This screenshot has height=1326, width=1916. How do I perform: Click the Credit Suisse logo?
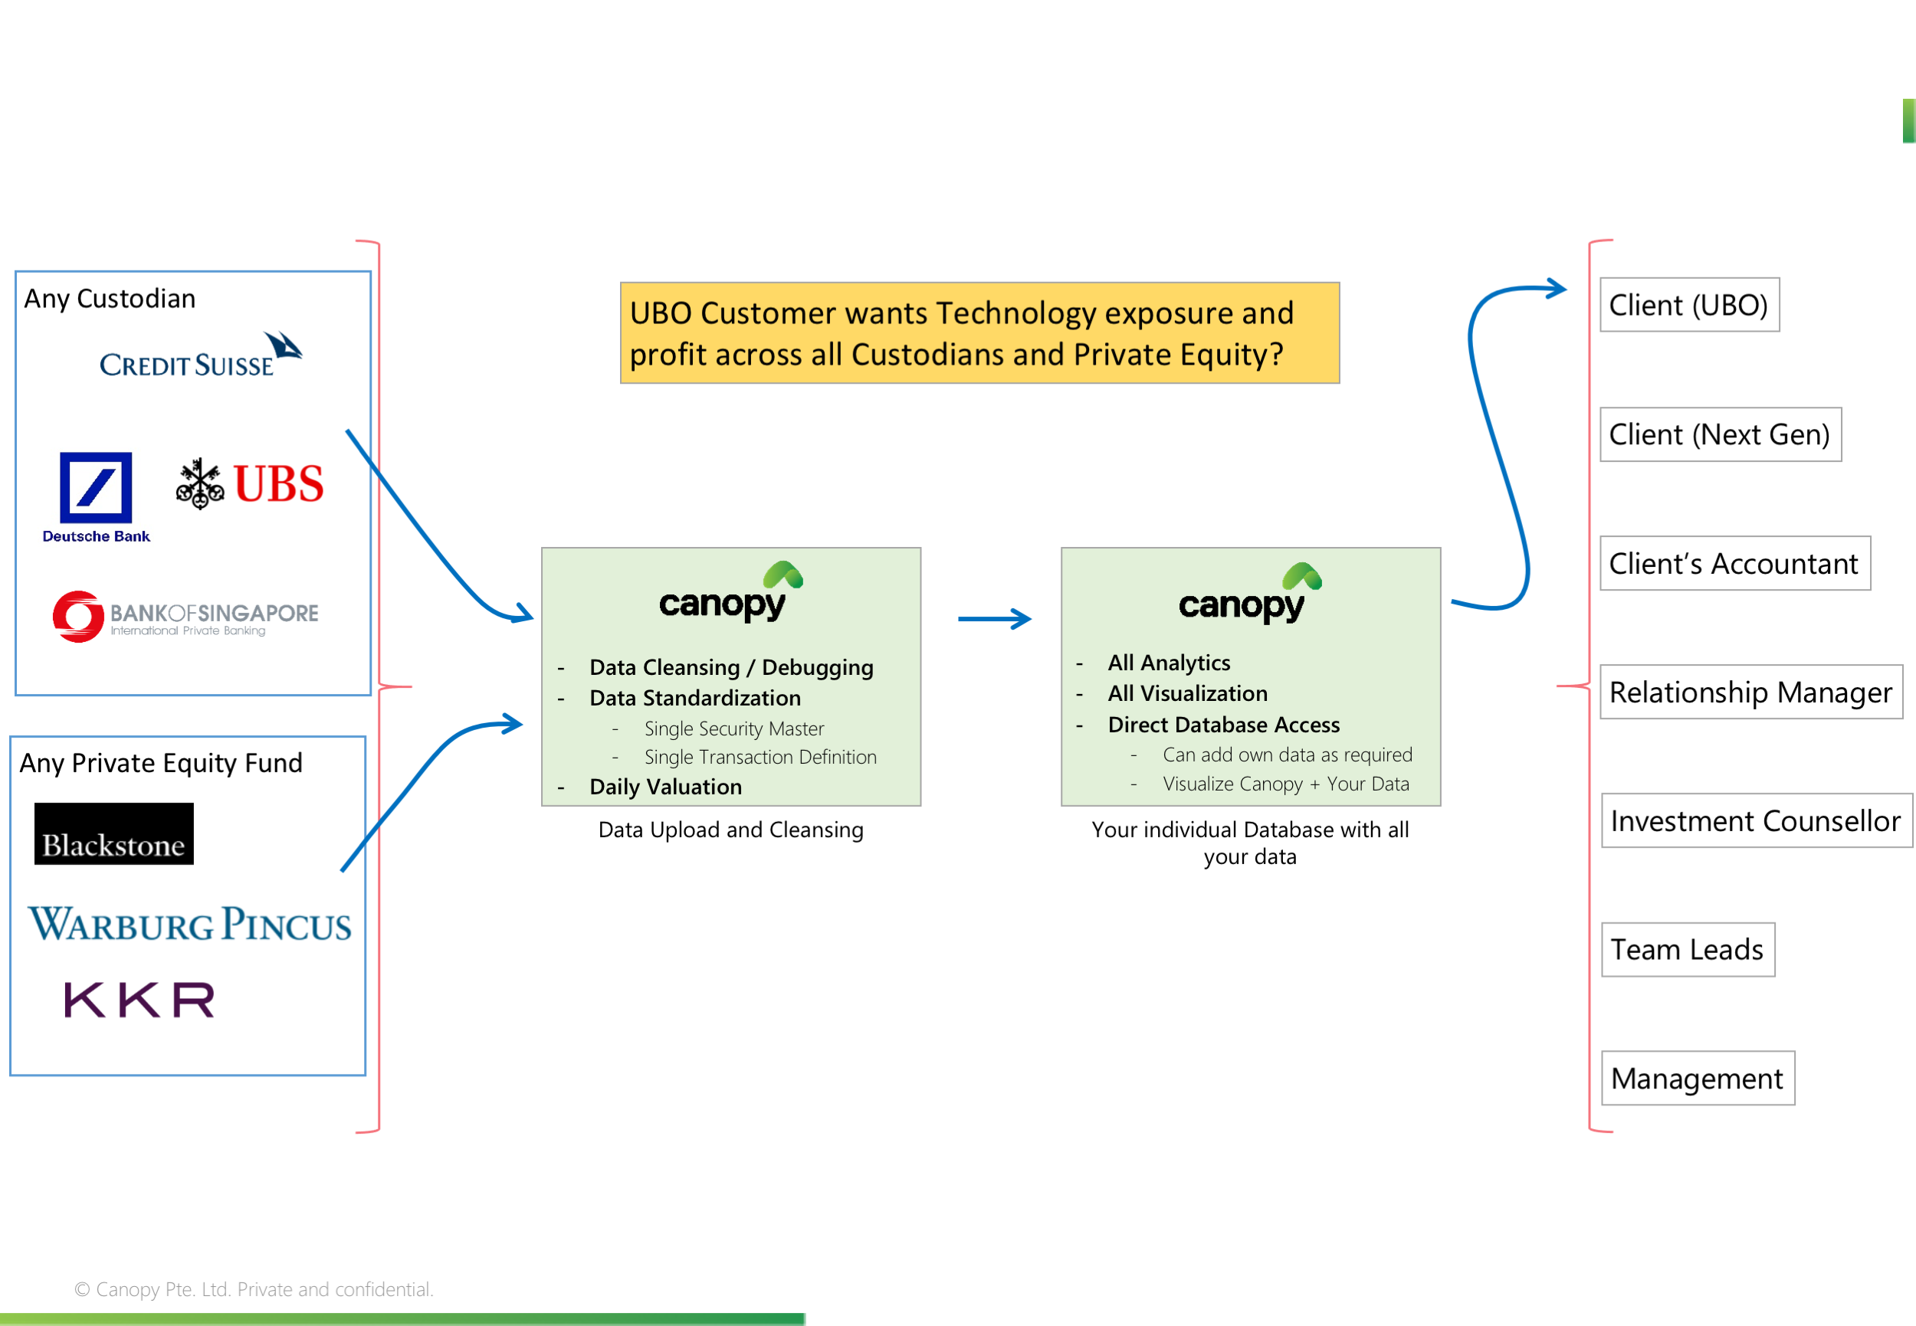(x=199, y=357)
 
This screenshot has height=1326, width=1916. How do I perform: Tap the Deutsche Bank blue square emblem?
(x=96, y=487)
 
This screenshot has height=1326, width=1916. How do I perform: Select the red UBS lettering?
(x=278, y=484)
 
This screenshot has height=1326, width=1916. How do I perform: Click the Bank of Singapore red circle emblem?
(x=78, y=617)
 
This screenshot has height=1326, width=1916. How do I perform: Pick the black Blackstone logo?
(x=114, y=833)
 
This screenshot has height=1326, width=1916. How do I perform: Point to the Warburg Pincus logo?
(x=189, y=924)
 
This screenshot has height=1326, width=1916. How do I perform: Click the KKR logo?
(x=139, y=999)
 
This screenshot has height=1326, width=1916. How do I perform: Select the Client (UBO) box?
(x=1689, y=305)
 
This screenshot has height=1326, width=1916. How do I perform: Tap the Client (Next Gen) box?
(x=1720, y=434)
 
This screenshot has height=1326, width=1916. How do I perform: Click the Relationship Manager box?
(x=1750, y=692)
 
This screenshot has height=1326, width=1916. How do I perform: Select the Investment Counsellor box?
(x=1756, y=821)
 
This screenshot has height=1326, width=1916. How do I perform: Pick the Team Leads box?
(x=1688, y=950)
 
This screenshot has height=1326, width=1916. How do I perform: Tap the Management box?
(x=1698, y=1079)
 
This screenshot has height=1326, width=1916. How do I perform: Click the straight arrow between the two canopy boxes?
(x=994, y=619)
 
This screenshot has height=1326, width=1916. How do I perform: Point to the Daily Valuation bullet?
(x=665, y=787)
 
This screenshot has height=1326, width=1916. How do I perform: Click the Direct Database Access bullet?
(x=1224, y=725)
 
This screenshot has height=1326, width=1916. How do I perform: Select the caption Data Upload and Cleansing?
(x=730, y=830)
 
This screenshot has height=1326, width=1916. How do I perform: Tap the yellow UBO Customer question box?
(x=979, y=333)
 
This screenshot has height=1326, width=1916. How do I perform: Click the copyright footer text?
(x=254, y=1289)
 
